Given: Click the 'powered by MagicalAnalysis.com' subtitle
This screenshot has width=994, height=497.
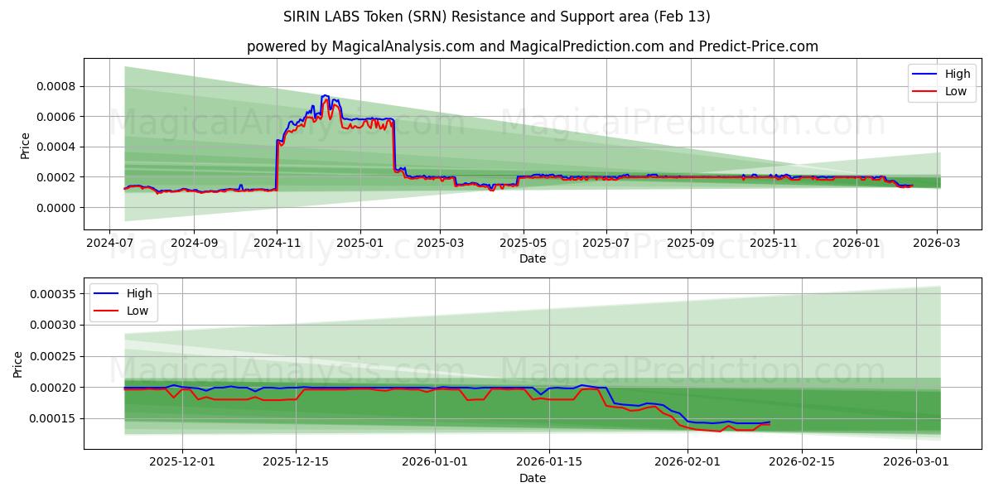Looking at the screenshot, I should tap(532, 46).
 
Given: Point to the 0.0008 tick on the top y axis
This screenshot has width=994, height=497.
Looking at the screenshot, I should tap(54, 86).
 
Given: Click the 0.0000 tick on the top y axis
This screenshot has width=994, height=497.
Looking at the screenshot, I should tap(54, 208).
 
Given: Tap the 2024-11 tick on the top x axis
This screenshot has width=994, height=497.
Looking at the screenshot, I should tap(277, 244).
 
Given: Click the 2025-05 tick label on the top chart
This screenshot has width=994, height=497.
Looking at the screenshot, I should tap(523, 244).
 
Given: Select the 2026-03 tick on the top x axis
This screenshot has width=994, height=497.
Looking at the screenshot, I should tap(937, 244).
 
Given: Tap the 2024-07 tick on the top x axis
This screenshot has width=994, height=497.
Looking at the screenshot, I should tap(110, 244).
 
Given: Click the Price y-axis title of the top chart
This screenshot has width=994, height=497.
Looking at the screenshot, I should tap(25, 146).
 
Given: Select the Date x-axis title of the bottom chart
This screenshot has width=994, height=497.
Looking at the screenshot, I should tap(532, 478).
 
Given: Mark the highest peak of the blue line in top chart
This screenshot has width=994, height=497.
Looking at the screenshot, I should tap(324, 95).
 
